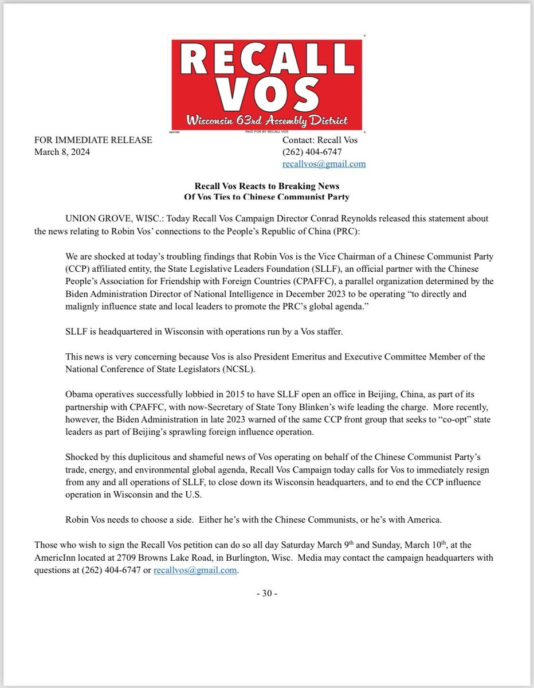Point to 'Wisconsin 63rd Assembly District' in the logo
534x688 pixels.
266,122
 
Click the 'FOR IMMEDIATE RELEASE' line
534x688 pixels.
93,140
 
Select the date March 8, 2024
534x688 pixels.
62,152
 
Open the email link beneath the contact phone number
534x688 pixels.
324,164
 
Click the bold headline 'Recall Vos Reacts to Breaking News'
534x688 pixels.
267,186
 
